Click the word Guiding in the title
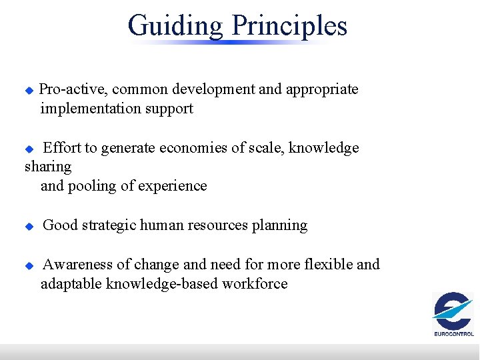pos(175,26)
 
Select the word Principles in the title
pos(289,26)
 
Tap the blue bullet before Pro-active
pos(29,90)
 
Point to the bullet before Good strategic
pos(29,227)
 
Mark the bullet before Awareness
pos(29,265)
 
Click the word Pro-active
pos(73,89)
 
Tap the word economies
pos(197,148)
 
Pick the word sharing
pos(48,167)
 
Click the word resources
pos(219,226)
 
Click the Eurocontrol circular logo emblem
pos(453,311)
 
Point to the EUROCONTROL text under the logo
pos(454,334)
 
